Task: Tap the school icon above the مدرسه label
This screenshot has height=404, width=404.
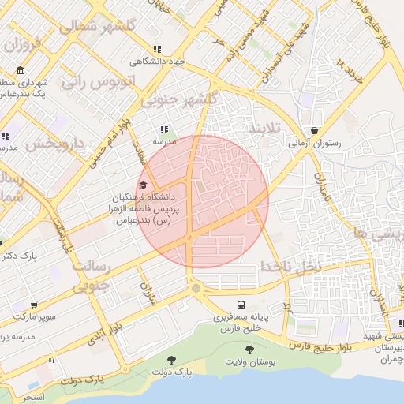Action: point(163,129)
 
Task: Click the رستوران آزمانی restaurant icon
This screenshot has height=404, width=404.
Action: point(314,131)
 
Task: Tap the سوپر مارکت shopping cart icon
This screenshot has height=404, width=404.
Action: point(33,305)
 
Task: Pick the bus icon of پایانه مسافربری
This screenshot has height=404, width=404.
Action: point(240,305)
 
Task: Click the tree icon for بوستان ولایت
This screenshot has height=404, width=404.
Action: point(249,349)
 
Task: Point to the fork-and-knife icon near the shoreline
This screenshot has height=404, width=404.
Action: point(52,362)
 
